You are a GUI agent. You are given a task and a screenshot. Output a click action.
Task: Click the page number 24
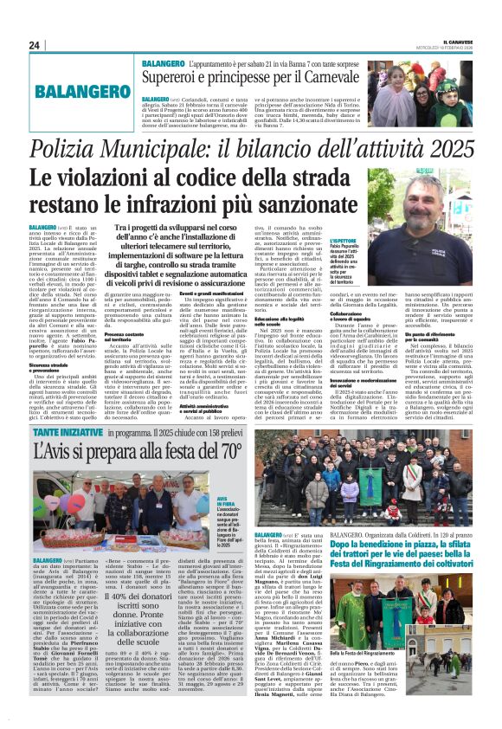[x=34, y=44]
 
